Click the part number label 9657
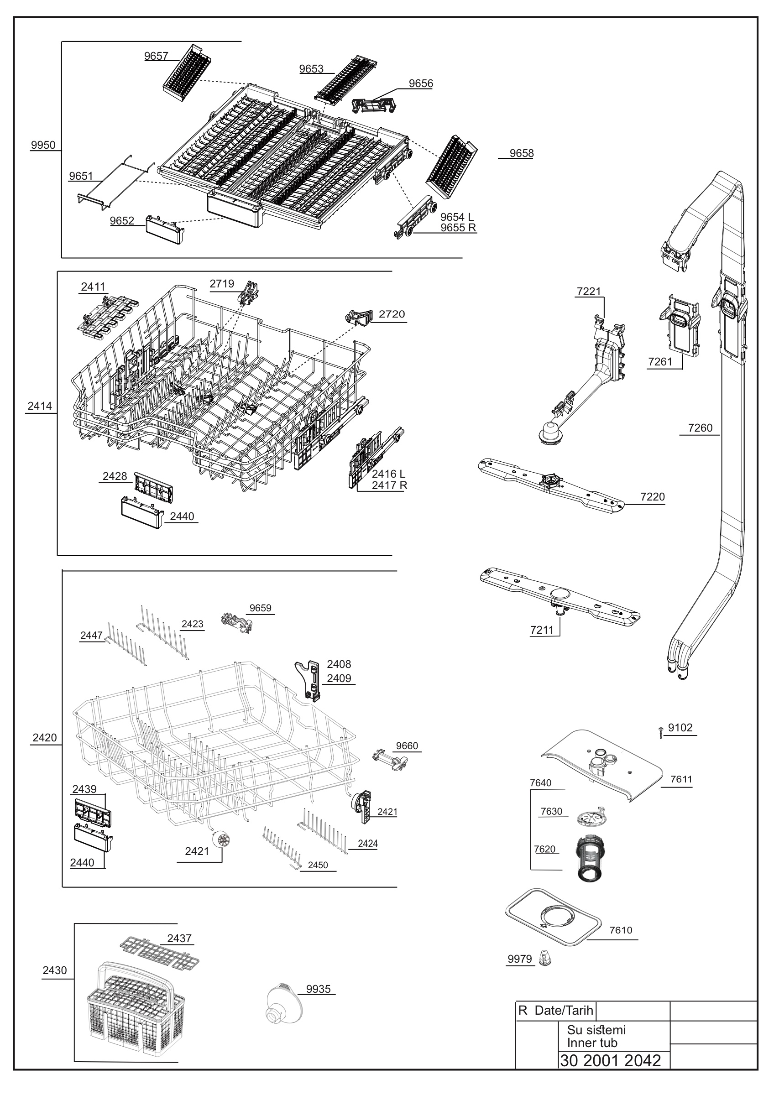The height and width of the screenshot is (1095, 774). [x=157, y=56]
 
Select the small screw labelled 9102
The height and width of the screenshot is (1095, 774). [x=660, y=732]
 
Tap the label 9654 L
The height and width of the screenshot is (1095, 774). [x=457, y=218]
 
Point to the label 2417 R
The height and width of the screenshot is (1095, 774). [x=389, y=485]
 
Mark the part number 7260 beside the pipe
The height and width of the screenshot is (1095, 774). [x=700, y=428]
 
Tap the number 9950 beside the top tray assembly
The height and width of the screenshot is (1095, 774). [x=43, y=145]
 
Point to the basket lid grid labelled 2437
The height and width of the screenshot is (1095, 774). [x=159, y=954]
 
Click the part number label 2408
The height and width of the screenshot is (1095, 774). [x=339, y=664]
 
